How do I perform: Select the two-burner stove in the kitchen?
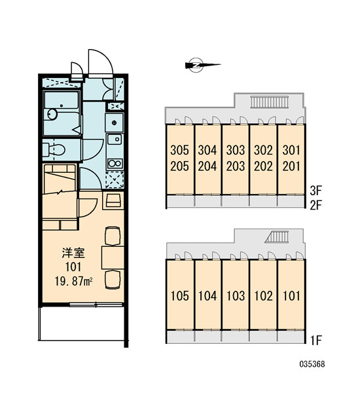point(115,164)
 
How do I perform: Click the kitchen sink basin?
point(115,139)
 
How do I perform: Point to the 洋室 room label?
point(73,253)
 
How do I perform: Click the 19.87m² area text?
point(73,282)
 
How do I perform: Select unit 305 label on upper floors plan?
point(179,150)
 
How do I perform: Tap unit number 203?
point(236,166)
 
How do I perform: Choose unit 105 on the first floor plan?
point(179,296)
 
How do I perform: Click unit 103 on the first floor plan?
point(236,296)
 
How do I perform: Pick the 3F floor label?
point(315,191)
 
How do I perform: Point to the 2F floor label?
point(315,206)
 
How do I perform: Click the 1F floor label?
point(315,340)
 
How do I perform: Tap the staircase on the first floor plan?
point(277,237)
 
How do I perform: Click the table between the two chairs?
point(113,257)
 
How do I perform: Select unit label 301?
point(291,150)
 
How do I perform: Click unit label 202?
point(263,166)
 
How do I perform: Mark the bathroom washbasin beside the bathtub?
point(52,114)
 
